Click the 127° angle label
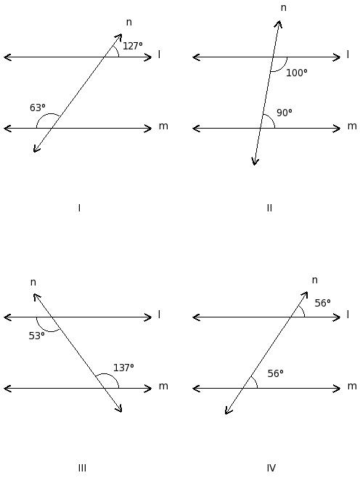click(133, 46)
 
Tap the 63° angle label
click(38, 108)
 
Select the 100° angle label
click(297, 73)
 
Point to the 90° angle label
click(285, 113)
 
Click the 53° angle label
click(36, 336)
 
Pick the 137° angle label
click(123, 368)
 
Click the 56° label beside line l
click(322, 304)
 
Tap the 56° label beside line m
click(275, 373)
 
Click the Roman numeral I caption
click(79, 208)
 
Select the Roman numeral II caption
click(269, 208)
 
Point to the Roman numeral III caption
click(82, 468)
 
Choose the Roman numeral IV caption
click(271, 468)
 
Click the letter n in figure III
click(33, 283)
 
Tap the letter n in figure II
click(284, 8)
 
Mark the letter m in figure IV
click(352, 386)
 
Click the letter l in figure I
click(159, 54)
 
